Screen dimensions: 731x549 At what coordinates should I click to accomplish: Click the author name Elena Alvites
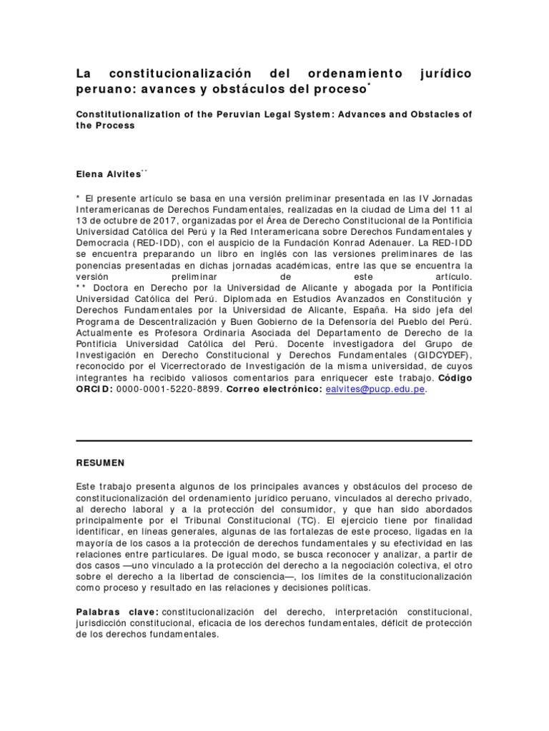107,173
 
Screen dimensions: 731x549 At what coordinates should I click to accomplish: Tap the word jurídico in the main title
439,74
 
